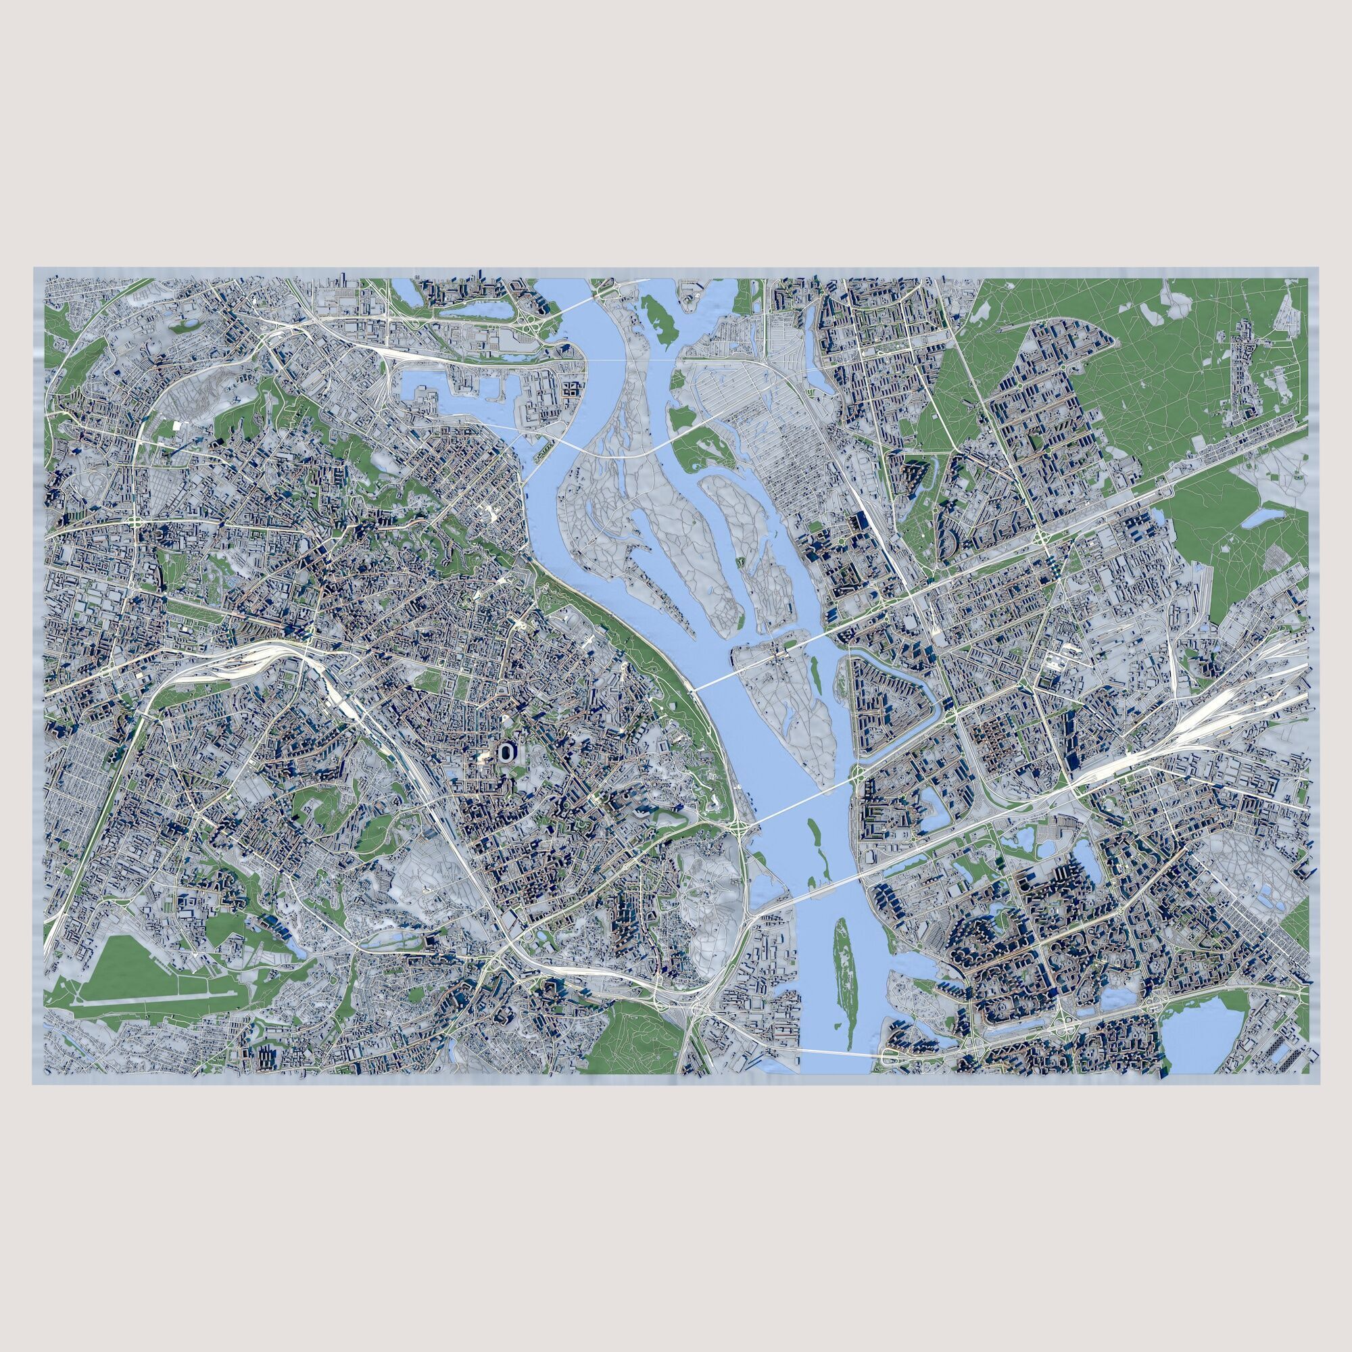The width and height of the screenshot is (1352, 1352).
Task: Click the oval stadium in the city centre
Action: [505, 752]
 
